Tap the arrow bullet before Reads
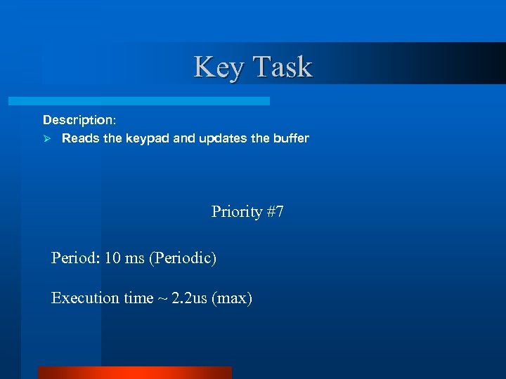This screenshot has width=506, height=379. point(47,139)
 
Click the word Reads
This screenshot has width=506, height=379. point(81,138)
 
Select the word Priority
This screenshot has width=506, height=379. point(237,211)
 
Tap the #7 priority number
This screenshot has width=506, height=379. point(275,211)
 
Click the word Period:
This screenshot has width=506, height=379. point(75,258)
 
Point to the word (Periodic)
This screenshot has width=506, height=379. point(182,258)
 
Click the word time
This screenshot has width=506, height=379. point(138,298)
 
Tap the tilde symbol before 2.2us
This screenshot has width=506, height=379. point(162,298)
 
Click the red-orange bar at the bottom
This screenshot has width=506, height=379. point(134,373)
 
